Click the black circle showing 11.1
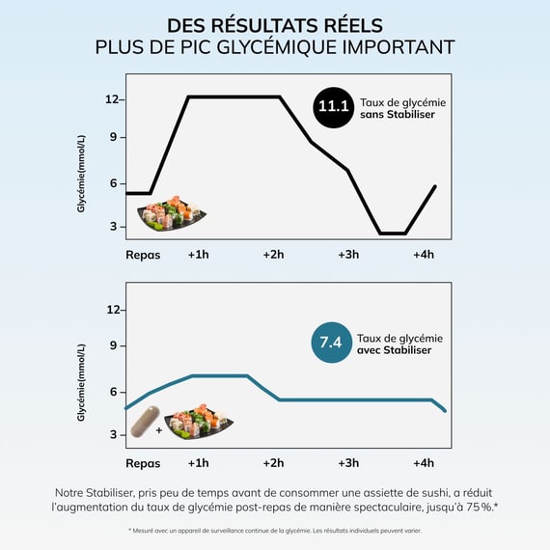(x=333, y=107)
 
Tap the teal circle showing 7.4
(x=332, y=343)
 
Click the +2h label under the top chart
(x=274, y=255)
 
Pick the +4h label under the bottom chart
(x=424, y=463)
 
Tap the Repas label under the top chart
(x=143, y=255)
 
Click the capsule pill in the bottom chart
(x=145, y=422)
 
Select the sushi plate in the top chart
(x=171, y=213)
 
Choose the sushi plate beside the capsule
(x=199, y=422)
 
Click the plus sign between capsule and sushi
(x=159, y=430)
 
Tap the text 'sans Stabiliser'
(x=398, y=115)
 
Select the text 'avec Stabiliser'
(x=395, y=350)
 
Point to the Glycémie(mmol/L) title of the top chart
(x=81, y=174)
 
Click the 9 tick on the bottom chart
(x=113, y=345)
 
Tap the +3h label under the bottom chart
(x=348, y=463)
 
